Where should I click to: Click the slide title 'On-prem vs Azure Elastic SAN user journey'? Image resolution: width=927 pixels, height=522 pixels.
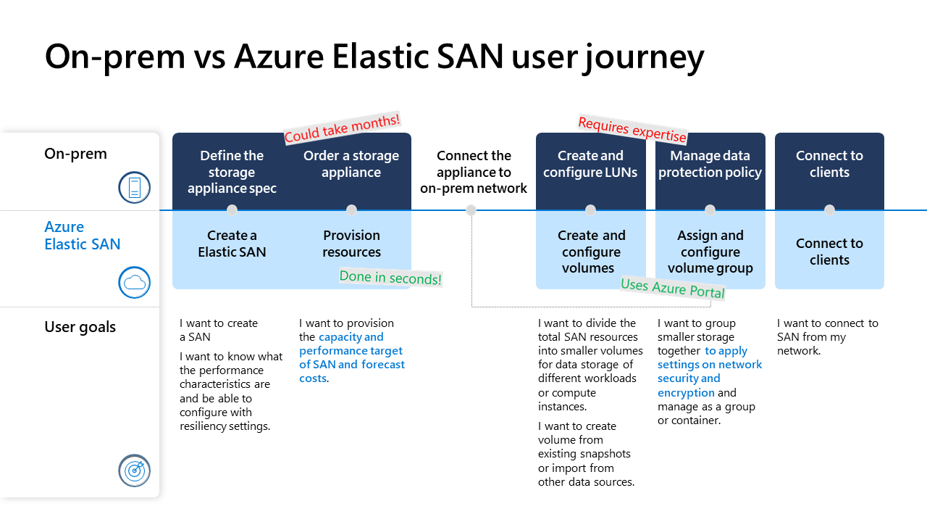point(374,57)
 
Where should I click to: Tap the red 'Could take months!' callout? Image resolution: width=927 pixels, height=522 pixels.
point(342,128)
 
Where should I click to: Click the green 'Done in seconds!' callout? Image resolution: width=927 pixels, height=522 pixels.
point(390,277)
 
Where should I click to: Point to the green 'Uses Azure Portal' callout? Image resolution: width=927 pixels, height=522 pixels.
point(673,288)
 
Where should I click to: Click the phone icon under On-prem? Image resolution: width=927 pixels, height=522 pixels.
point(134,188)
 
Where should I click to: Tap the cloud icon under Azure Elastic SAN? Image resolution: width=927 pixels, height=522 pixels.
point(134,283)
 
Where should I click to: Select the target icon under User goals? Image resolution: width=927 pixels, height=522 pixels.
point(134,471)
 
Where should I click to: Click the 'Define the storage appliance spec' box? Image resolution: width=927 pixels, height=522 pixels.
point(232,172)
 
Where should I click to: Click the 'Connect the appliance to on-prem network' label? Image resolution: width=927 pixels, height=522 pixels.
point(474,172)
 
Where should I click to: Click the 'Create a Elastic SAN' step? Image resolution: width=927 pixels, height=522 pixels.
point(232,244)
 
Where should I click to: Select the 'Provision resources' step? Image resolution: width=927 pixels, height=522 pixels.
point(351,244)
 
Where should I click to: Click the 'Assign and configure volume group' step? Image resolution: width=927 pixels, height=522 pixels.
point(710,252)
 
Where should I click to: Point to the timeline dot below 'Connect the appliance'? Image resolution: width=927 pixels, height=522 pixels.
point(471,210)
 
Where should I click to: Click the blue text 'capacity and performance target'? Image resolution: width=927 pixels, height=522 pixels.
point(351,344)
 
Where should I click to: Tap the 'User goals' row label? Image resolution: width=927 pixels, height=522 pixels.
point(80,327)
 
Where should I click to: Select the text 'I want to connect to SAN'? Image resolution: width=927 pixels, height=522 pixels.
point(827,330)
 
